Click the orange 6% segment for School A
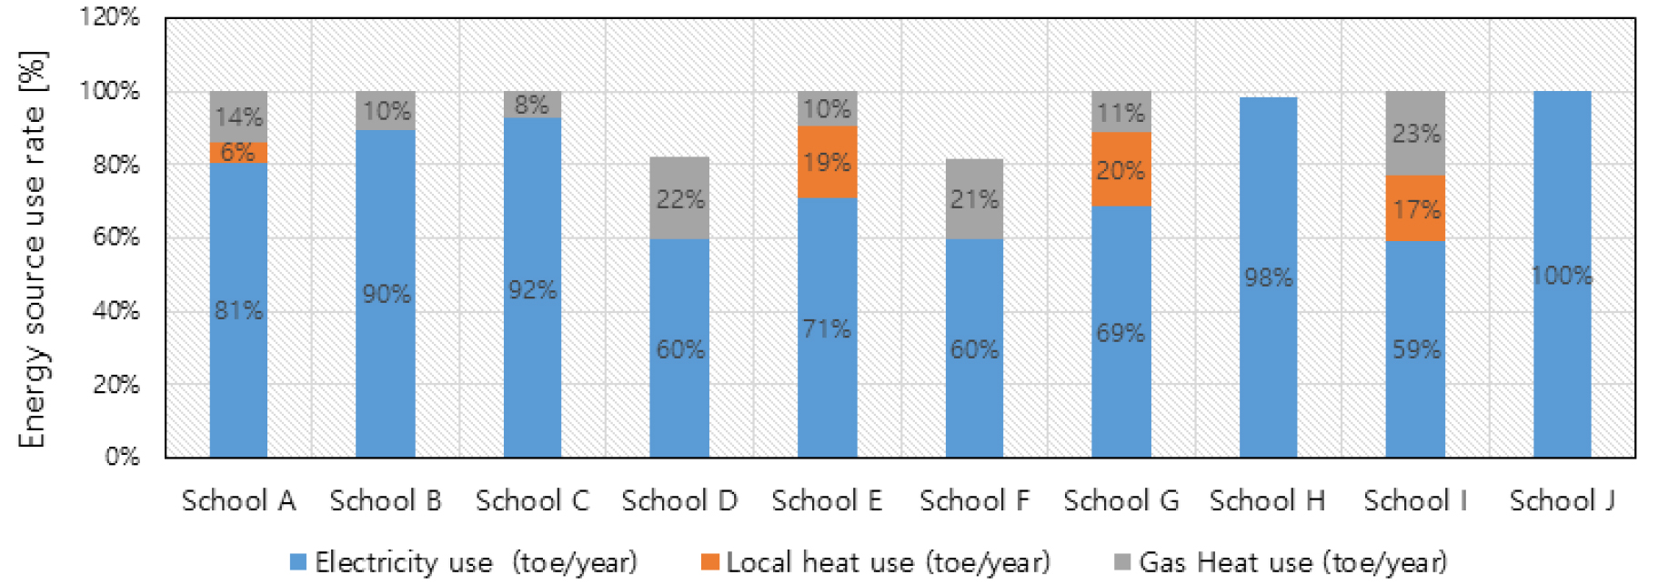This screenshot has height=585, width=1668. pyautogui.click(x=238, y=153)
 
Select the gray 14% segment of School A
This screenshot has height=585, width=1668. pyautogui.click(x=238, y=116)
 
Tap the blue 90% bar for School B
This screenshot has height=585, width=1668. pyautogui.click(x=386, y=293)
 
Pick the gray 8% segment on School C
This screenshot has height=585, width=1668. pyautogui.click(x=532, y=105)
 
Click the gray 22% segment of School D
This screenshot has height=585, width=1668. pyautogui.click(x=679, y=198)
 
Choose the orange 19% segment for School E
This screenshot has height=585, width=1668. pyautogui.click(x=827, y=162)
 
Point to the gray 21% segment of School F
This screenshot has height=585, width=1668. pyautogui.click(x=974, y=199)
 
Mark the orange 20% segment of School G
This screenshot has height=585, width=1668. pyautogui.click(x=1120, y=170)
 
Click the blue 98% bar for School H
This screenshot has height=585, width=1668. pyautogui.click(x=1268, y=277)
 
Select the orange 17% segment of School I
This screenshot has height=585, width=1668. pyautogui.click(x=1415, y=208)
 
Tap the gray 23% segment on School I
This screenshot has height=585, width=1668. pyautogui.click(x=1415, y=134)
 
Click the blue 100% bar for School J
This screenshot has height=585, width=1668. pyautogui.click(x=1562, y=275)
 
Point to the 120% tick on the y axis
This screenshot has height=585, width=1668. pyautogui.click(x=110, y=17)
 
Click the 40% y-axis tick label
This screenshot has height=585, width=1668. pyautogui.click(x=116, y=310)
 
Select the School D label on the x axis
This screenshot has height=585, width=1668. pyautogui.click(x=679, y=500)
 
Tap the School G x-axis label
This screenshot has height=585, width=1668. pyautogui.click(x=1120, y=500)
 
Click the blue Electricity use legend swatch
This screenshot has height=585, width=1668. pyautogui.click(x=297, y=562)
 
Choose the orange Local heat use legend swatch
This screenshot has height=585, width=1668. pyautogui.click(x=710, y=562)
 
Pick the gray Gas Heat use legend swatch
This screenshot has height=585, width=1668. pyautogui.click(x=1122, y=562)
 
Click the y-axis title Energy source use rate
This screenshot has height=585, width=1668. pyautogui.click(x=33, y=250)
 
